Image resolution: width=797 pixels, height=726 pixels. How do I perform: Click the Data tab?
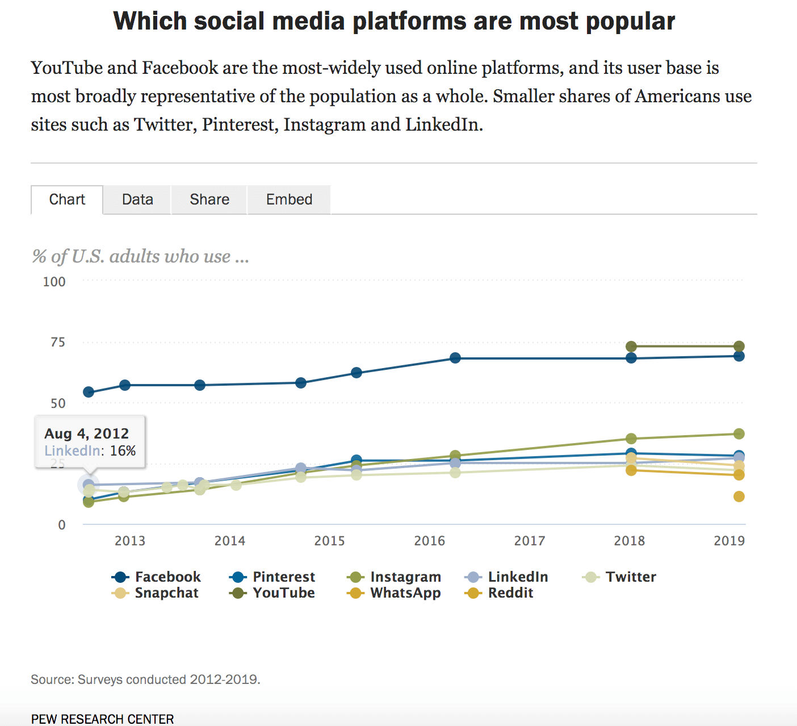click(137, 199)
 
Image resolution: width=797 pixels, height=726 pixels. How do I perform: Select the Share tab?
click(209, 199)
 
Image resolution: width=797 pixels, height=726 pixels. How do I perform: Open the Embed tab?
click(289, 199)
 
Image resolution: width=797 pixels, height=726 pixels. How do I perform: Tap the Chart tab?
click(67, 199)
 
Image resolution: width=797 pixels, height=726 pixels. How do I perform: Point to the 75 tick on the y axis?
click(58, 342)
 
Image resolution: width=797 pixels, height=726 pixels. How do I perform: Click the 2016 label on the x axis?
click(430, 541)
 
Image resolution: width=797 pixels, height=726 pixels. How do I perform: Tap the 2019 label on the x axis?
click(729, 541)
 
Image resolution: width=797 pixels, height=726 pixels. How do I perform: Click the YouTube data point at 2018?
click(631, 347)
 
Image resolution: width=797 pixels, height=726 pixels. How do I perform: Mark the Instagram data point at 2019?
click(739, 434)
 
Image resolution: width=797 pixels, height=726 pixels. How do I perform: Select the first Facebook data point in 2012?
click(89, 392)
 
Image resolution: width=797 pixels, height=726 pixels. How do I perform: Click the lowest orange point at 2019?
click(739, 496)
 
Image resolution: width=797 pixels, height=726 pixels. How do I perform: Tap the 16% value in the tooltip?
click(123, 451)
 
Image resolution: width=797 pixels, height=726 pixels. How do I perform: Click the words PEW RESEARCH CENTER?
click(103, 719)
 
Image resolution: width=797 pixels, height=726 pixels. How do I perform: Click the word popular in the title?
click(630, 22)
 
